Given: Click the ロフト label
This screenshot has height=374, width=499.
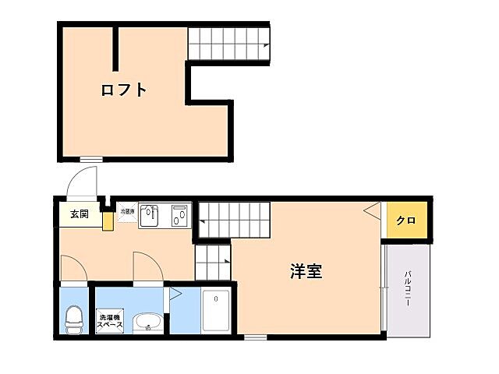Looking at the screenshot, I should [x=124, y=90].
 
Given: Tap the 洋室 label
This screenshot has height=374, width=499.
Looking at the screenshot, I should [x=306, y=272].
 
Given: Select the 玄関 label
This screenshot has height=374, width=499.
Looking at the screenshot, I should [x=79, y=214].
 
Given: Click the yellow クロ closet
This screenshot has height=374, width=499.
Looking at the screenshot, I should [x=405, y=221].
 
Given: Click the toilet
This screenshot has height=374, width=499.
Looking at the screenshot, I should [x=74, y=318].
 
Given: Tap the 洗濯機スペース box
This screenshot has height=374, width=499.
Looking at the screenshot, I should [x=110, y=322].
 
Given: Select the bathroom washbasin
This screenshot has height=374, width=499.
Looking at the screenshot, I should [x=147, y=322].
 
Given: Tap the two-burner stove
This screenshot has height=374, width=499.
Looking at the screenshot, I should [x=180, y=215].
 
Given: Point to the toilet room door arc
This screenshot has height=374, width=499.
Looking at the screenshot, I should [x=73, y=269].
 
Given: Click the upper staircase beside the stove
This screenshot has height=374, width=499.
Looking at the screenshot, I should [x=232, y=218].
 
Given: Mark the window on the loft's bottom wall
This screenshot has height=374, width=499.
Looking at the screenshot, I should [x=91, y=160].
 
